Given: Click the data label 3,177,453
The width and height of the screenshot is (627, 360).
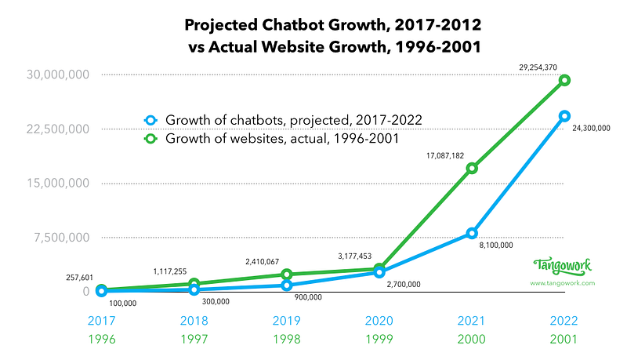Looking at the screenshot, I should tap(358, 255).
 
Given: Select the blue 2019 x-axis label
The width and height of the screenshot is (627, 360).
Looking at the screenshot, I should tap(287, 321).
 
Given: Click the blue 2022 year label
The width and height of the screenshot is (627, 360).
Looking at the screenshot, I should tap(564, 321).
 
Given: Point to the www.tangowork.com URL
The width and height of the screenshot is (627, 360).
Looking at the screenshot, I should tap(563, 282).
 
